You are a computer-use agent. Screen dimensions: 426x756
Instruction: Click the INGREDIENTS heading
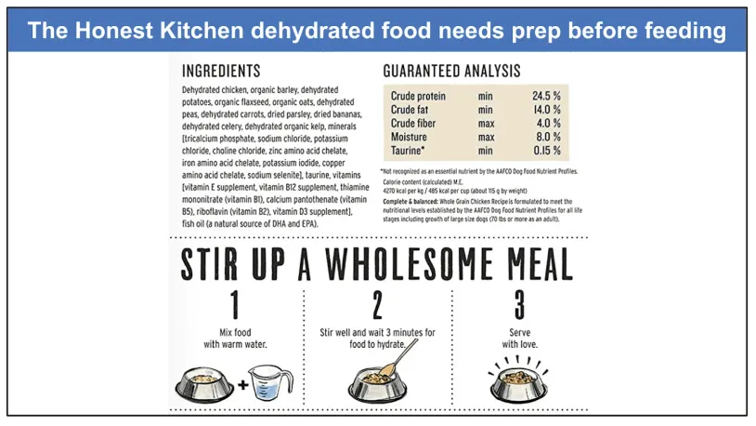pyautogui.click(x=221, y=71)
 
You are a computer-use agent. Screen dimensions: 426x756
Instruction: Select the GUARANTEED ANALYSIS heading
pyautogui.click(x=451, y=71)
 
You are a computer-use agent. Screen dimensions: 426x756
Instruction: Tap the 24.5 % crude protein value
pyautogui.click(x=547, y=96)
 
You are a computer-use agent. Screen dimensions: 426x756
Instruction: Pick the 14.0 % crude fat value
pyautogui.click(x=547, y=110)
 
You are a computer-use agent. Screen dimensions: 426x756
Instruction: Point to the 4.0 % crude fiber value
pyautogui.click(x=549, y=123)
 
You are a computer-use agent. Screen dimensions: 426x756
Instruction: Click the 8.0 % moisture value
pyautogui.click(x=549, y=137)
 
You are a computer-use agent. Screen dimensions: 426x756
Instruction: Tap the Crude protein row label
pyautogui.click(x=418, y=96)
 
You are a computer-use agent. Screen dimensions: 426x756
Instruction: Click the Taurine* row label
pyautogui.click(x=409, y=150)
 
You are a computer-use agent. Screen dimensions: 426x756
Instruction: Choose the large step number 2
pyautogui.click(x=376, y=305)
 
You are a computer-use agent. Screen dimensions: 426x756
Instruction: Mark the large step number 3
pyautogui.click(x=520, y=305)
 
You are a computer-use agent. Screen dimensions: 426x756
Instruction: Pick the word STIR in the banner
pyautogui.click(x=212, y=265)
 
